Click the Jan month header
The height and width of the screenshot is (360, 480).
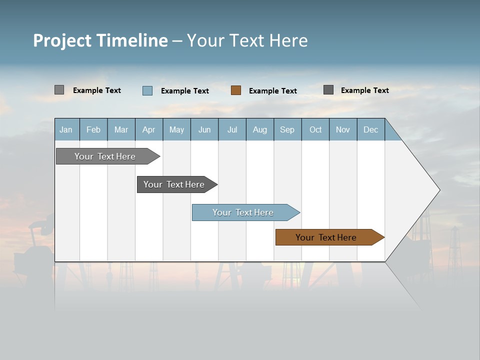66,130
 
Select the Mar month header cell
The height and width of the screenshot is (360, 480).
121,130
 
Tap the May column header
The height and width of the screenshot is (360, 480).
176,130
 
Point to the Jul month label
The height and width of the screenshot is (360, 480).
232,130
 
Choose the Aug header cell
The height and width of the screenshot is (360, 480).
259,130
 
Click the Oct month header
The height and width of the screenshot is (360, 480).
315,130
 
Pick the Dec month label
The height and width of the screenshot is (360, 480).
370,130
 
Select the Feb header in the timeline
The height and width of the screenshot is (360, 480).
93,130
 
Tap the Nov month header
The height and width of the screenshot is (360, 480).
342,130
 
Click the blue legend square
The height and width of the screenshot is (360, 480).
147,90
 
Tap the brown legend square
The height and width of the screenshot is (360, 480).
236,90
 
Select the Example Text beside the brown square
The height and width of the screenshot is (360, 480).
273,91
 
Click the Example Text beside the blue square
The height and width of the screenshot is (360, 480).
185,91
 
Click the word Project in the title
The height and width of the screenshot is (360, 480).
62,40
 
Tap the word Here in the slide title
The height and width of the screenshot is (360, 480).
288,40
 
